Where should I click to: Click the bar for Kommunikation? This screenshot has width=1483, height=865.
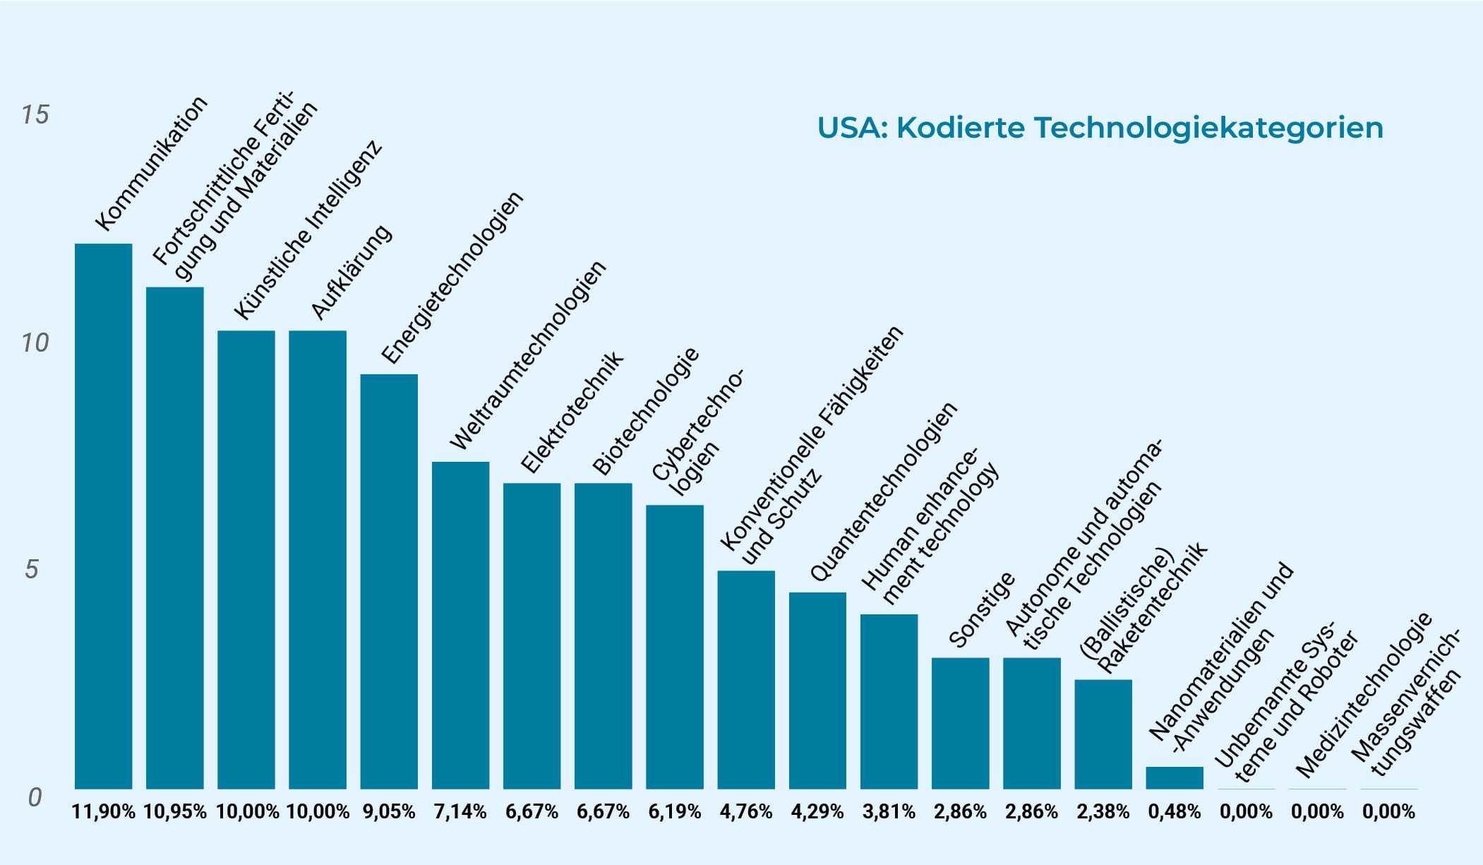103,515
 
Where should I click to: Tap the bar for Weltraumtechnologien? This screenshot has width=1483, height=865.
460,625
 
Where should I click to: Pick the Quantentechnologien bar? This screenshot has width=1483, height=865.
817,690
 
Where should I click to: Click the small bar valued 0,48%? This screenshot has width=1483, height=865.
1174,777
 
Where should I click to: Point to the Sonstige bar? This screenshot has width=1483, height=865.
960,723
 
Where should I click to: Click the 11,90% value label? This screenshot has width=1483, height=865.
104,812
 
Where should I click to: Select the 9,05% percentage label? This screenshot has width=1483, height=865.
389,812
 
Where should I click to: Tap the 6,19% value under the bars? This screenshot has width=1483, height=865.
675,812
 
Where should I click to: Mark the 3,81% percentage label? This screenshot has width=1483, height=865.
889,812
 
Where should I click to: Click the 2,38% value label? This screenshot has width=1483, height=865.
1103,812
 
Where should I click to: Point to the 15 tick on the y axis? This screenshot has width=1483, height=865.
35,114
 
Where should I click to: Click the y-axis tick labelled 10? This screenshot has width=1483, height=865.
35,343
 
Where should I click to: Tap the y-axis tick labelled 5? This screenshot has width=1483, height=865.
32,569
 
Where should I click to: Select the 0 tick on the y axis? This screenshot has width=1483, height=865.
35,797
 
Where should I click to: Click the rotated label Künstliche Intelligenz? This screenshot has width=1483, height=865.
308,229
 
